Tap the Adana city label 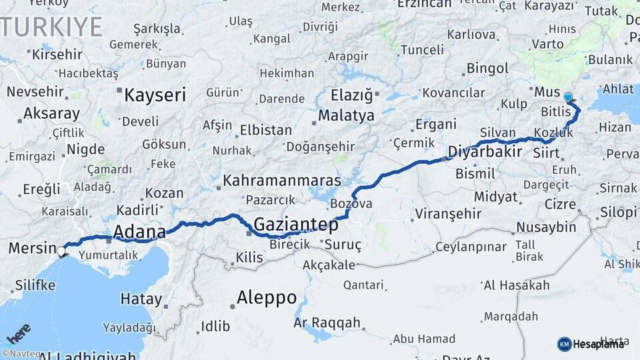click(x=139, y=232)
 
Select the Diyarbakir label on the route click(x=484, y=151)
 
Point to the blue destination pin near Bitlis click(x=568, y=98)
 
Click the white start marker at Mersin click(x=61, y=251)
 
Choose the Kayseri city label click(x=155, y=95)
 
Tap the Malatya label click(x=346, y=116)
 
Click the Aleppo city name click(x=266, y=297)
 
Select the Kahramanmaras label click(x=282, y=181)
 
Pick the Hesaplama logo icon click(x=564, y=344)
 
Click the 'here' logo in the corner click(x=18, y=333)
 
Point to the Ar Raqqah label click(x=327, y=323)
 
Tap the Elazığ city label click(x=352, y=95)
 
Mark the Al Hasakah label click(x=517, y=285)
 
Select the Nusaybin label click(x=546, y=227)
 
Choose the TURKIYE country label click(x=52, y=27)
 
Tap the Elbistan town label click(x=265, y=130)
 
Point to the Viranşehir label click(x=447, y=214)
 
